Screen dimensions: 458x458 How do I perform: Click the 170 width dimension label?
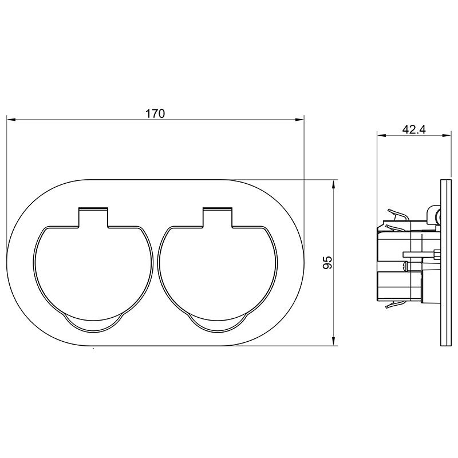(x=155, y=113)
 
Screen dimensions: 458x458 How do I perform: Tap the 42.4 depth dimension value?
(x=414, y=129)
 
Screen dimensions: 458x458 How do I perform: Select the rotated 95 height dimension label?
(x=327, y=262)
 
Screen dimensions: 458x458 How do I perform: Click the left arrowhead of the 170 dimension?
(x=11, y=120)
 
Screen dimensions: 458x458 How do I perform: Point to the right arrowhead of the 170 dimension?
(x=299, y=120)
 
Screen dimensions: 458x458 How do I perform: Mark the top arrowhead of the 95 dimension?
(x=334, y=184)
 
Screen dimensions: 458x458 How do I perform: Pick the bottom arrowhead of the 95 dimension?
(x=334, y=341)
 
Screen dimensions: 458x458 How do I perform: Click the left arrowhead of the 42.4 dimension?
(x=381, y=135)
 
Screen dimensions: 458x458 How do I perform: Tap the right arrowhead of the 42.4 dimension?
(x=447, y=135)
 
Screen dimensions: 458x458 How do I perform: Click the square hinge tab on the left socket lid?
(x=93, y=217)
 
